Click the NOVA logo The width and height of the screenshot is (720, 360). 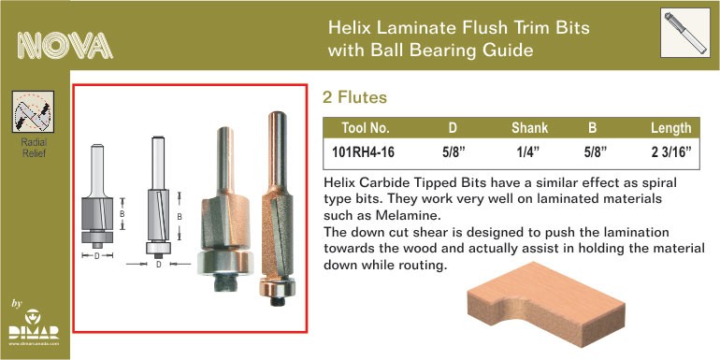pos(65,46)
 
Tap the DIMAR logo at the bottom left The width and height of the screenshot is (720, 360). pos(34,327)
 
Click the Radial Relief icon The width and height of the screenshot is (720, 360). pos(33,112)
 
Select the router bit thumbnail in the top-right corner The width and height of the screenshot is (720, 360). pos(685,33)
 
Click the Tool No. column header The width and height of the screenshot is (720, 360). pos(366,128)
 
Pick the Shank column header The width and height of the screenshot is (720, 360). pos(529,128)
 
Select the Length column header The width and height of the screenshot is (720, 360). pos(670,128)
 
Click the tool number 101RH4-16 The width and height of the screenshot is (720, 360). pos(363,153)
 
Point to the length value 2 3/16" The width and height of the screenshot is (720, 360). pos(670,153)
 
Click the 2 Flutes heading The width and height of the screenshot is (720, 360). pos(354,97)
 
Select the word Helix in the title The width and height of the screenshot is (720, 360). pos(349,27)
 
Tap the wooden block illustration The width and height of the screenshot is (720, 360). pos(546,304)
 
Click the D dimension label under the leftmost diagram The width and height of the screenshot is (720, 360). pos(97,256)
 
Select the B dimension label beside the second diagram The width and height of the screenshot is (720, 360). pos(180,216)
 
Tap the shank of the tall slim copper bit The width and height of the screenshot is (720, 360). pos(278,151)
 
